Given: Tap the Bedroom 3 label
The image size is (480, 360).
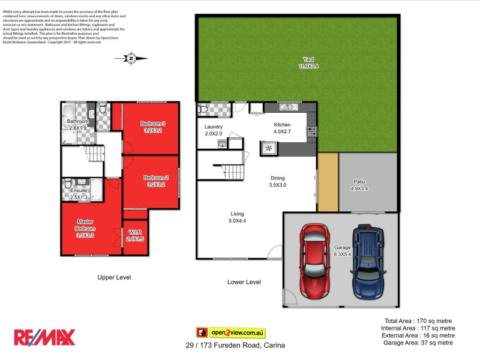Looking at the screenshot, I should coord(153,124).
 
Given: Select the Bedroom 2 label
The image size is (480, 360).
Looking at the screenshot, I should coord(155,178).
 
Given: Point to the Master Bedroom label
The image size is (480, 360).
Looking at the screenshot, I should coord(85,225).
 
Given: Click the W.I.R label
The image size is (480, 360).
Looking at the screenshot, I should coord(135,232).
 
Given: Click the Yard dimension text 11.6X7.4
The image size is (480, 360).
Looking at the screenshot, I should coord(309,67).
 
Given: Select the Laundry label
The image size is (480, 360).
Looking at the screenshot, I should coord(214,127).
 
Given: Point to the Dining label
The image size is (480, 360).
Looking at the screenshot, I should coord(277,178).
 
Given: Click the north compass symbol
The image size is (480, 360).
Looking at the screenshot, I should coord(131,58).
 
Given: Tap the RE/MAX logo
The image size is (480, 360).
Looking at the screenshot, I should coord(45,337).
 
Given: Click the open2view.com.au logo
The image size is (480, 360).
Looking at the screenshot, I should coord(230,332).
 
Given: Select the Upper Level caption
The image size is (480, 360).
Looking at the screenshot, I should coord(114,277).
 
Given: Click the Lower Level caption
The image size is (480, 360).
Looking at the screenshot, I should coord(244,281).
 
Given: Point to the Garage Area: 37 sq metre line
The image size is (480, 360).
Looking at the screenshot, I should coord(419,343).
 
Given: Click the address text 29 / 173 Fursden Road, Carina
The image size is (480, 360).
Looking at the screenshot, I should coord(235,346).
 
